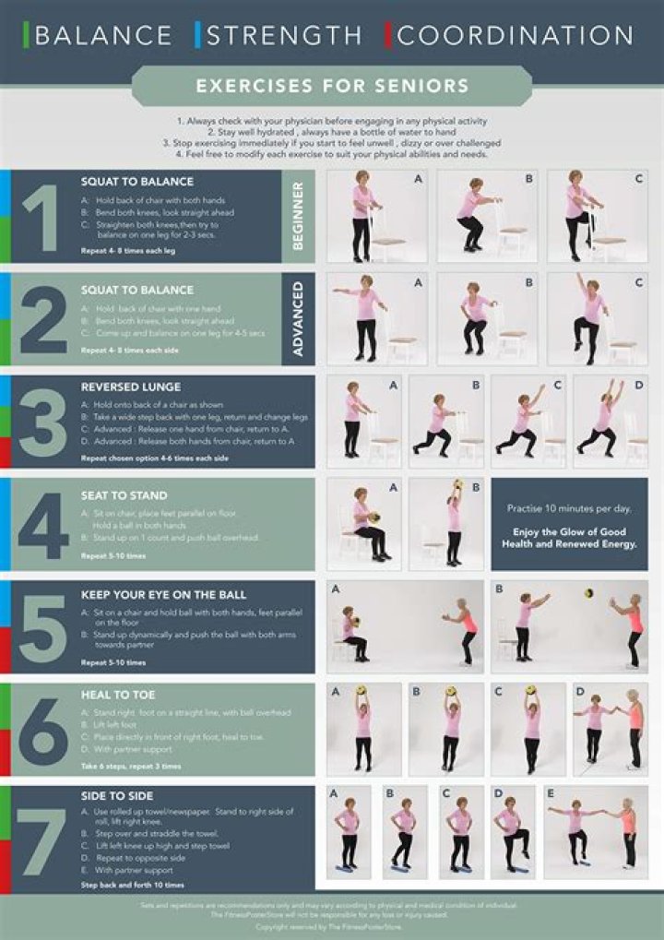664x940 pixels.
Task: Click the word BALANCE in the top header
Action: click(x=103, y=36)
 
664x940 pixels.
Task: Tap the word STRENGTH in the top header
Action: click(x=284, y=36)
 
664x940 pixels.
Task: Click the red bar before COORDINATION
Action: click(x=388, y=35)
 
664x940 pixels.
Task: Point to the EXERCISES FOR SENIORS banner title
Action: click(x=332, y=87)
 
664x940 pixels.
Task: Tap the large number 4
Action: click(x=42, y=527)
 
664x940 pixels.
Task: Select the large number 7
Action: click(x=42, y=839)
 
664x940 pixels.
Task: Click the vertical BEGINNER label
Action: click(x=298, y=216)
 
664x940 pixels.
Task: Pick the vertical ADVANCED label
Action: click(x=298, y=318)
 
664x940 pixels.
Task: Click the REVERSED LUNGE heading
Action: click(x=131, y=387)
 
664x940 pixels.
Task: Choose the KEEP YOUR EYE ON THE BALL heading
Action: click(x=163, y=595)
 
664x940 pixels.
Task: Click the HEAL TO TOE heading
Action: click(x=118, y=695)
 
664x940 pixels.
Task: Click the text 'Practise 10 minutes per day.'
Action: click(x=569, y=508)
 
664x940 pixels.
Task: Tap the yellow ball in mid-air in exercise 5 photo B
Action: click(x=588, y=593)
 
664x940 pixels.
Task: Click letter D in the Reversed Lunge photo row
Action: click(x=639, y=385)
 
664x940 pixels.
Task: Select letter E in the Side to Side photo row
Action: click(x=551, y=792)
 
